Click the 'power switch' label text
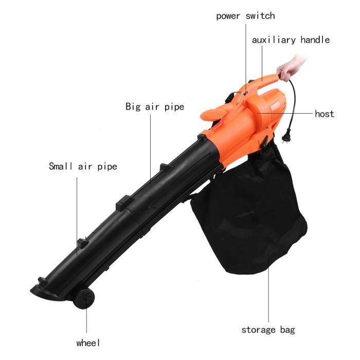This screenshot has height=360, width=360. coord(245,16)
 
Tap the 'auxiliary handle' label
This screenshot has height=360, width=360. coord(291,40)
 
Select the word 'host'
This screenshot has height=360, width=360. coord(325,114)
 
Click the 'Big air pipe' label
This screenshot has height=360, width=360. coord(155,107)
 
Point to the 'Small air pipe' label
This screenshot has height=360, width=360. coord(83,167)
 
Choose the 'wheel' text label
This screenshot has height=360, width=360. coord(88,343)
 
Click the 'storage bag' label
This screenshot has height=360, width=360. coord(268,330)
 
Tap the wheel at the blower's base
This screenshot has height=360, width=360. coord(84,299)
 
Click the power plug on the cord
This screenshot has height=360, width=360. coord(286,135)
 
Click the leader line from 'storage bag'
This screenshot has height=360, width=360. coord(268,287)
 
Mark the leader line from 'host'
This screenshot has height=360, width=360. coord(285,113)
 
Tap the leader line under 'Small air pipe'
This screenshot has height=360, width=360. coord(77,216)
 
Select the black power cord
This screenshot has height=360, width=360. coord(292,103)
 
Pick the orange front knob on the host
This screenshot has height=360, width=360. coord(212,114)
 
